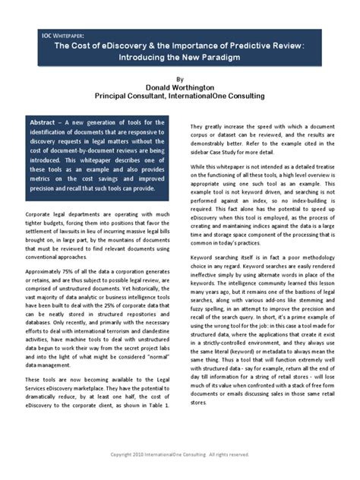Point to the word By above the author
[179, 77]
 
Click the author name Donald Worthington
[179, 87]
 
